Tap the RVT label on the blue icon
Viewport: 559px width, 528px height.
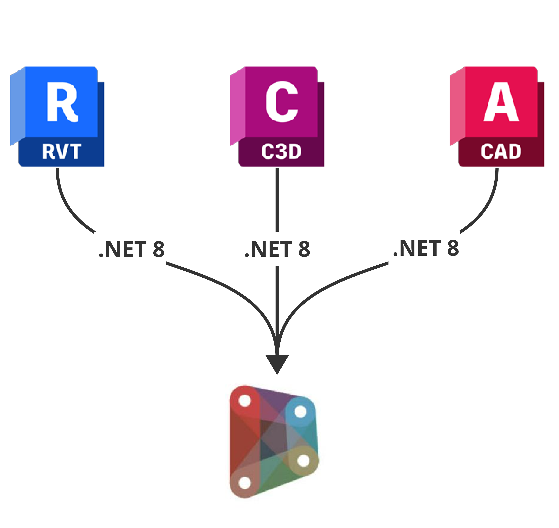tap(62, 152)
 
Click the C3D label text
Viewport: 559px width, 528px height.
tap(281, 152)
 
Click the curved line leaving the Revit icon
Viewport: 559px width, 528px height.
tap(66, 205)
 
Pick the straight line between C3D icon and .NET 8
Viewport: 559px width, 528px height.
tap(277, 200)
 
